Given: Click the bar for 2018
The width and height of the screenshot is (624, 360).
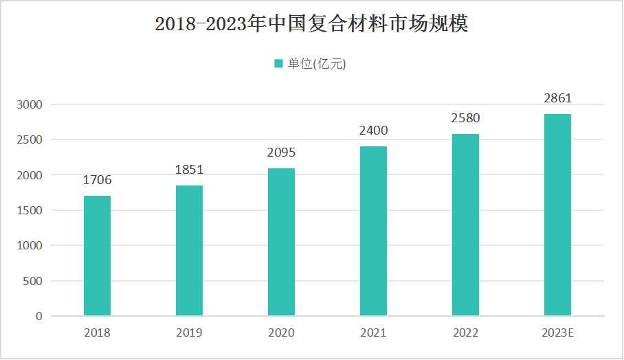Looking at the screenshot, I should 97,256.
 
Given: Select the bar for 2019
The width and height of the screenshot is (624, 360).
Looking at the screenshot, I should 189,250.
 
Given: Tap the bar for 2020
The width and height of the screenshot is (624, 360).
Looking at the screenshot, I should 281,242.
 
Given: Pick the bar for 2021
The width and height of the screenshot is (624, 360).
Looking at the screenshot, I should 373,231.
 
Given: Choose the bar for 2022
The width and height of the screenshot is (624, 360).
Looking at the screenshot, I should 465,225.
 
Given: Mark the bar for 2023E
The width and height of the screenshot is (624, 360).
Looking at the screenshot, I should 557,214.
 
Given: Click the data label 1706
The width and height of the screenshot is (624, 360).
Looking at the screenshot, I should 97,181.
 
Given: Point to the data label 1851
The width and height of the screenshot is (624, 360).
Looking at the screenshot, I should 189,170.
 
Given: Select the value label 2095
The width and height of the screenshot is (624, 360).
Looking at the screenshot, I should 281,153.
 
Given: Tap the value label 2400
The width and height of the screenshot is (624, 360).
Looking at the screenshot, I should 373,131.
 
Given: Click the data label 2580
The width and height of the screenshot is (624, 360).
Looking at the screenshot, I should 465,118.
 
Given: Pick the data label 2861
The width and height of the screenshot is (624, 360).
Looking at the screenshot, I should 557,98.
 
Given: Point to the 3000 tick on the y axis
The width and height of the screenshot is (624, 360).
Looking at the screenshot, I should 30,104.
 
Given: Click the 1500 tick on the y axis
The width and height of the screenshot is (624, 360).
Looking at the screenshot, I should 30,210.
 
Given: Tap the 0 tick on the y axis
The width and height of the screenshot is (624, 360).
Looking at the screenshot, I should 38,317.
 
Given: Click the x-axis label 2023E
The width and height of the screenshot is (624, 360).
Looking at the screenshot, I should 557,333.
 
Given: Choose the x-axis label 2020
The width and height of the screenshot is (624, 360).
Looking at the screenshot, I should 281,333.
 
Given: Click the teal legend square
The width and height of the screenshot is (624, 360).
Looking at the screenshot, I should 278,64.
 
